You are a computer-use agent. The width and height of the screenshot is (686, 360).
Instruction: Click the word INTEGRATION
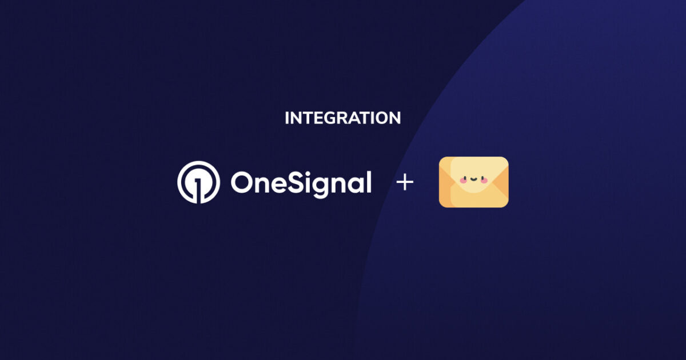click(x=342, y=118)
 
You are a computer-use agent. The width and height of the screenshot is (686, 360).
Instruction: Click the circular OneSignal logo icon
click(x=198, y=182)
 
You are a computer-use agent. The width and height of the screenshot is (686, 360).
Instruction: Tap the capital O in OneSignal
click(x=242, y=183)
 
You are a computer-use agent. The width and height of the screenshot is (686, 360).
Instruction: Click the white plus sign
click(x=405, y=183)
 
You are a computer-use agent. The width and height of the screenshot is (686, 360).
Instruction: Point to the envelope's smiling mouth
click(x=473, y=180)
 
